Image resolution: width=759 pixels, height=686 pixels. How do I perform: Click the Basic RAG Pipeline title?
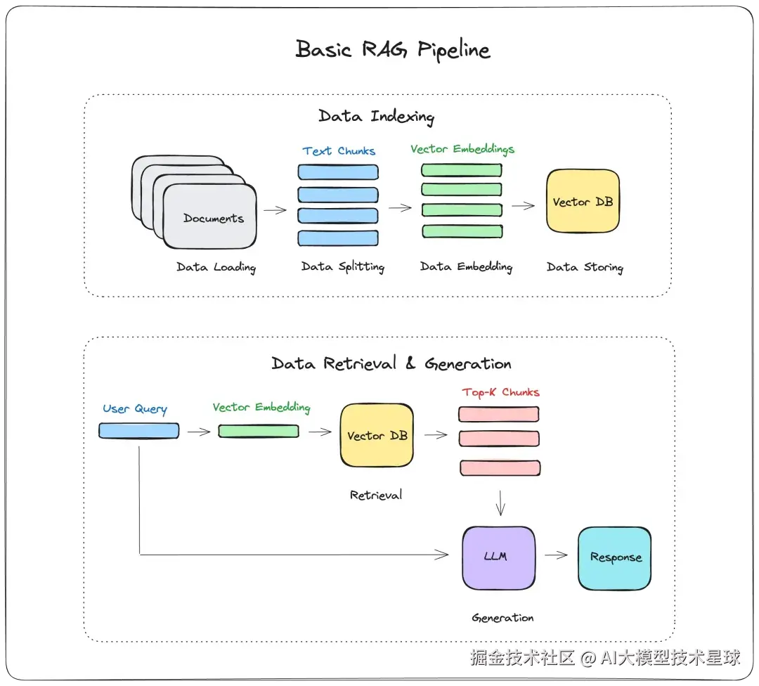tap(393, 49)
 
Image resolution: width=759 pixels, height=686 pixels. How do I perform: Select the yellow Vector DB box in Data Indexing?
tap(583, 201)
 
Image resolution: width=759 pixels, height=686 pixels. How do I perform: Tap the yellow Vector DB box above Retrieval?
tap(377, 435)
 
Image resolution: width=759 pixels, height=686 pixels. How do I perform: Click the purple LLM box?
tap(498, 557)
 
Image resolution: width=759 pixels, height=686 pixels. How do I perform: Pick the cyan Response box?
tap(615, 558)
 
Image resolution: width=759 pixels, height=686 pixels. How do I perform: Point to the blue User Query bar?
tap(139, 430)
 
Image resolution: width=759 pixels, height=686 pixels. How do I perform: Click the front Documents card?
tap(210, 216)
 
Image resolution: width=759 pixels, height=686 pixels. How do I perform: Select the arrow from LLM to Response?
tap(556, 555)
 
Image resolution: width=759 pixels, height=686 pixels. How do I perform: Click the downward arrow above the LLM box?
tap(500, 503)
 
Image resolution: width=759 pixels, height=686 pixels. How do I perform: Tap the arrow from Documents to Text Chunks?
tap(275, 210)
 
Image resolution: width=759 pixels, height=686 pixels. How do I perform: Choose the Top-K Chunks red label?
tap(500, 392)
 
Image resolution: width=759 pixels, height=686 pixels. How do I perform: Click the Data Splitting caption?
tap(343, 267)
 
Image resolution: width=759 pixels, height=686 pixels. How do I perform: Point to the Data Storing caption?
tap(585, 267)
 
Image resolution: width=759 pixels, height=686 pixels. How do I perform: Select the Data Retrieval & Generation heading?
tap(391, 363)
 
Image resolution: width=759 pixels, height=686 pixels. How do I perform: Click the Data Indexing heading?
tap(376, 116)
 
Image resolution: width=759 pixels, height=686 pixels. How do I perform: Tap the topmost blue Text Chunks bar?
tap(338, 172)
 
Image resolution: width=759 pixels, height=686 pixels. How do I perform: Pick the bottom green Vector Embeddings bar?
tap(462, 231)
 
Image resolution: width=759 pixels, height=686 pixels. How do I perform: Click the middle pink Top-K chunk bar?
tap(499, 438)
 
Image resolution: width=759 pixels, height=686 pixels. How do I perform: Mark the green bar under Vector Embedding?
tap(259, 431)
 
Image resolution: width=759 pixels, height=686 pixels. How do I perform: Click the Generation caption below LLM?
tap(503, 618)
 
